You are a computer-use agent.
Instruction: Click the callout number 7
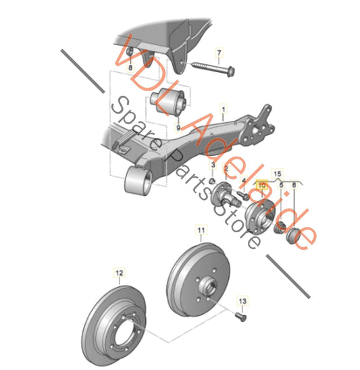pos(219,51)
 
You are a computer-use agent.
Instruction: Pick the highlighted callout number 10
pos(262,184)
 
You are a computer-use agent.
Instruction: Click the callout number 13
pos(242,298)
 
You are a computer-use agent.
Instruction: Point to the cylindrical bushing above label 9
pos(168,101)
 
